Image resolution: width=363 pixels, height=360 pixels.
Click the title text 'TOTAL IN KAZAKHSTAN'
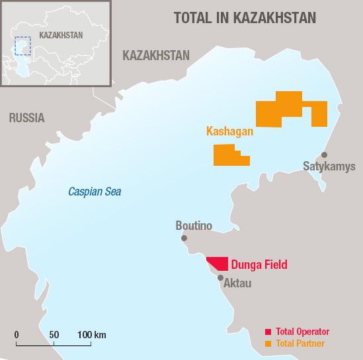245,18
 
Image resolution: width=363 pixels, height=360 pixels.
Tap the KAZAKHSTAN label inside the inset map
61,34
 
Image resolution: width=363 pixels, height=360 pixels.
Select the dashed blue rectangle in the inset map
24,46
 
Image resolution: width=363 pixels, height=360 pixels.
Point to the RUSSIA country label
26,118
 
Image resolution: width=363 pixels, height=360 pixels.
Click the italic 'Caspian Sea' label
95,192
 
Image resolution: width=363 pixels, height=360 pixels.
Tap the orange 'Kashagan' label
229,131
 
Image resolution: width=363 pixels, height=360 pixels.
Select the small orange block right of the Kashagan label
231,155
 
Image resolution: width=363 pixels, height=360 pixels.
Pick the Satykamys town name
329,166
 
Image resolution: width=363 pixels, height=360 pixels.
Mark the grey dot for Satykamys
324,155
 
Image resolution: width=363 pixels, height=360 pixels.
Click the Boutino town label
194,226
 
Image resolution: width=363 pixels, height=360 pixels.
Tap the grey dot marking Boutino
184,238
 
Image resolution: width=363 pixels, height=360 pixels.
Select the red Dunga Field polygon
220,264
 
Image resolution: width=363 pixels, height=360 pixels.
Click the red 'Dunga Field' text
259,266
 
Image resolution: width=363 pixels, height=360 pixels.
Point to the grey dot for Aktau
220,278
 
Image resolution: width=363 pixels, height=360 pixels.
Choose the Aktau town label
237,283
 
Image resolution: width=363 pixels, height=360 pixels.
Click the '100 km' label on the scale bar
91,335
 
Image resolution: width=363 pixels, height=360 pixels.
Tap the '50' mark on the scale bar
54,335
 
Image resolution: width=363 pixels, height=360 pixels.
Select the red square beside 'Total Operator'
268,332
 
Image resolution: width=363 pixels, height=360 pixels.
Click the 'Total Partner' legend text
301,343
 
